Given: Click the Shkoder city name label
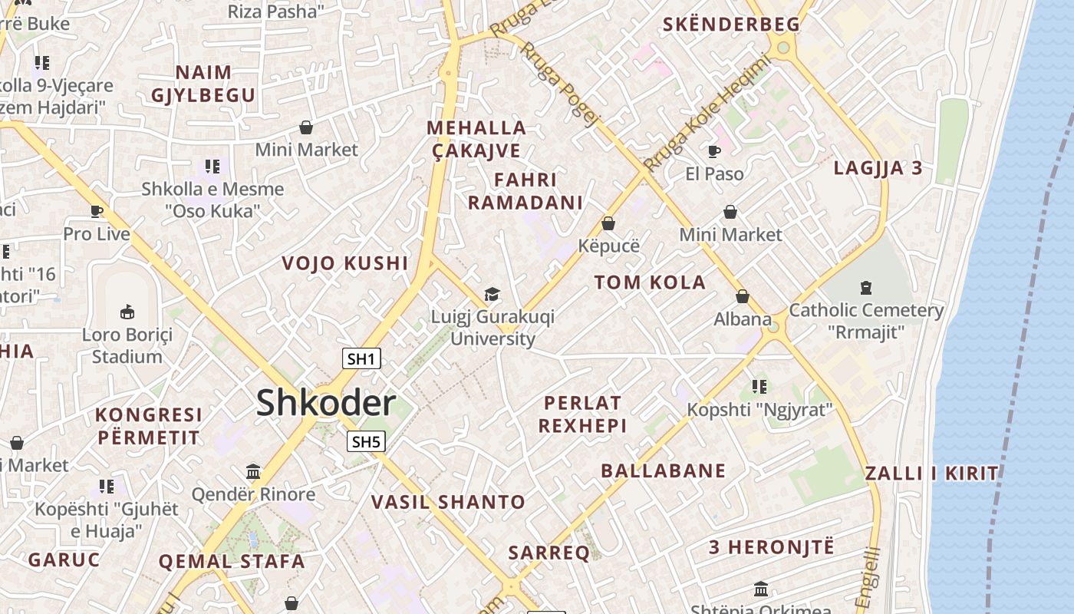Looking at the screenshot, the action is click(326, 403).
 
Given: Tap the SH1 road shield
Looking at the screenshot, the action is click(361, 358).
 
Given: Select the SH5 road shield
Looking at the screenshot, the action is click(366, 441).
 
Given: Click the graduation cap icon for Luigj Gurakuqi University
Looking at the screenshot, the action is click(492, 294).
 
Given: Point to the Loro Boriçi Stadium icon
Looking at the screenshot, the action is click(127, 312).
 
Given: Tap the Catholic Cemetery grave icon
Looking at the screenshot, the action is click(866, 288).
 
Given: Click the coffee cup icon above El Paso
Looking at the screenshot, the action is click(714, 151).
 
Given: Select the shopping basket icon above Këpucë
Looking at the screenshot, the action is click(608, 223).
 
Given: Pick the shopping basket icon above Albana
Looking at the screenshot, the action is click(742, 296).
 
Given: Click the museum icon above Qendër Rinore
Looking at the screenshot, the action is click(253, 470).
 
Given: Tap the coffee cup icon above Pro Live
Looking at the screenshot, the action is click(97, 211).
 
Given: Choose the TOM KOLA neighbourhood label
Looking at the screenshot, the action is click(650, 282).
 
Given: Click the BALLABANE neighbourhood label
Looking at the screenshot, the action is click(663, 470).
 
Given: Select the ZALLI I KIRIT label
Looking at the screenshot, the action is click(932, 473).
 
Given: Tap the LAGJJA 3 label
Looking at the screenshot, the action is click(878, 168).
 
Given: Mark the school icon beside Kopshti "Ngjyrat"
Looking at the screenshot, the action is click(759, 386).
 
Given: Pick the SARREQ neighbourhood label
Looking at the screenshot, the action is click(549, 552).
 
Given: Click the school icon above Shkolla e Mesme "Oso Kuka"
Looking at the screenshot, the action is click(212, 166).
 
